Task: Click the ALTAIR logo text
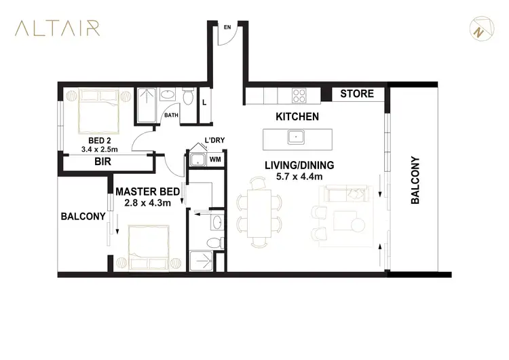point(58,28)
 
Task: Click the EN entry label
point(228,27)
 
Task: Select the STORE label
point(357,94)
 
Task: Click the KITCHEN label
point(297,117)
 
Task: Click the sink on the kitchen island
point(295,138)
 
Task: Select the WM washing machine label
point(215,160)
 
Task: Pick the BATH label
point(171,115)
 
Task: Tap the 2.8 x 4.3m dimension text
point(151,202)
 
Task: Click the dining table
point(259,212)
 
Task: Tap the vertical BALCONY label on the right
point(415,181)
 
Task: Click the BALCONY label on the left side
point(83,217)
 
